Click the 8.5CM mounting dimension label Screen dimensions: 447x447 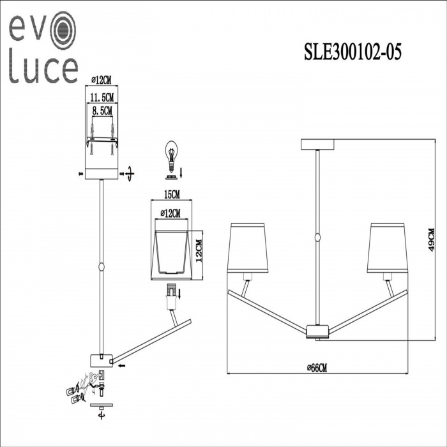pyautogui.click(x=102, y=110)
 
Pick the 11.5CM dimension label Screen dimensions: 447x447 pyautogui.click(x=102, y=97)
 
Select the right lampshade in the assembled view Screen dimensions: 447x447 pyautogui.click(x=387, y=248)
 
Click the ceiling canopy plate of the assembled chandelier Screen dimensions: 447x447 pyautogui.click(x=318, y=144)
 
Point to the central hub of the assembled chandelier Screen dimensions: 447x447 pyautogui.click(x=317, y=331)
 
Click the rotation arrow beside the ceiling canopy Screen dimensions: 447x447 pyautogui.click(x=130, y=174)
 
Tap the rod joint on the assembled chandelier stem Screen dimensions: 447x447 pyautogui.click(x=317, y=238)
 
